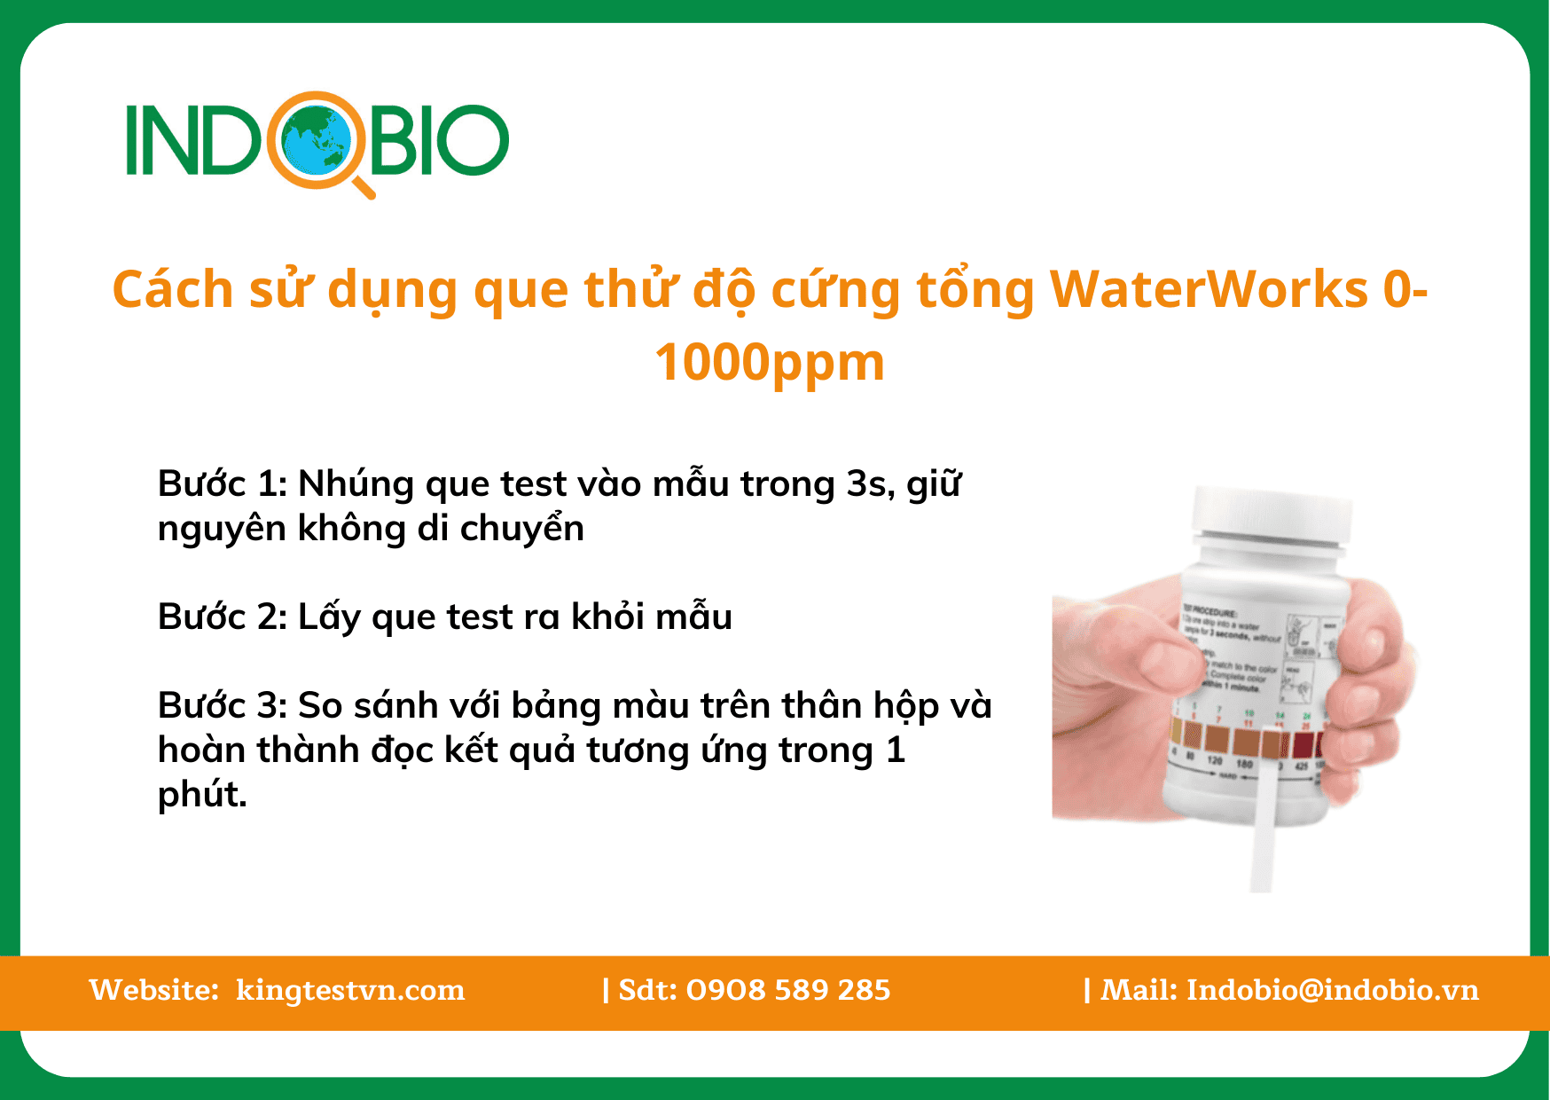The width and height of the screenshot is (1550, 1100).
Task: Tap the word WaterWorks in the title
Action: [x=1209, y=290]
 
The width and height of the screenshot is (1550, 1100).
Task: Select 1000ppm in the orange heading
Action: [x=770, y=363]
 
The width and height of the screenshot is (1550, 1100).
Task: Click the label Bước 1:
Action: [x=222, y=484]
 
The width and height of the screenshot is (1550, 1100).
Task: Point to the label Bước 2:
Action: [x=222, y=617]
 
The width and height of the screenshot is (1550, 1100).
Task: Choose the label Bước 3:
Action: [x=222, y=706]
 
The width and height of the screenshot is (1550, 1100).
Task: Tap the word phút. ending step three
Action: [x=202, y=795]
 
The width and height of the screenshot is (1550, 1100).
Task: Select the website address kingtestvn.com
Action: [x=350, y=990]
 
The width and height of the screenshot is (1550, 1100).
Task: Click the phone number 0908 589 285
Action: [x=788, y=990]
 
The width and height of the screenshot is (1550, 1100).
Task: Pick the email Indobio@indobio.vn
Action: [x=1333, y=990]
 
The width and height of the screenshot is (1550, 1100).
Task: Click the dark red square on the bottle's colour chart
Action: [x=1302, y=743]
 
